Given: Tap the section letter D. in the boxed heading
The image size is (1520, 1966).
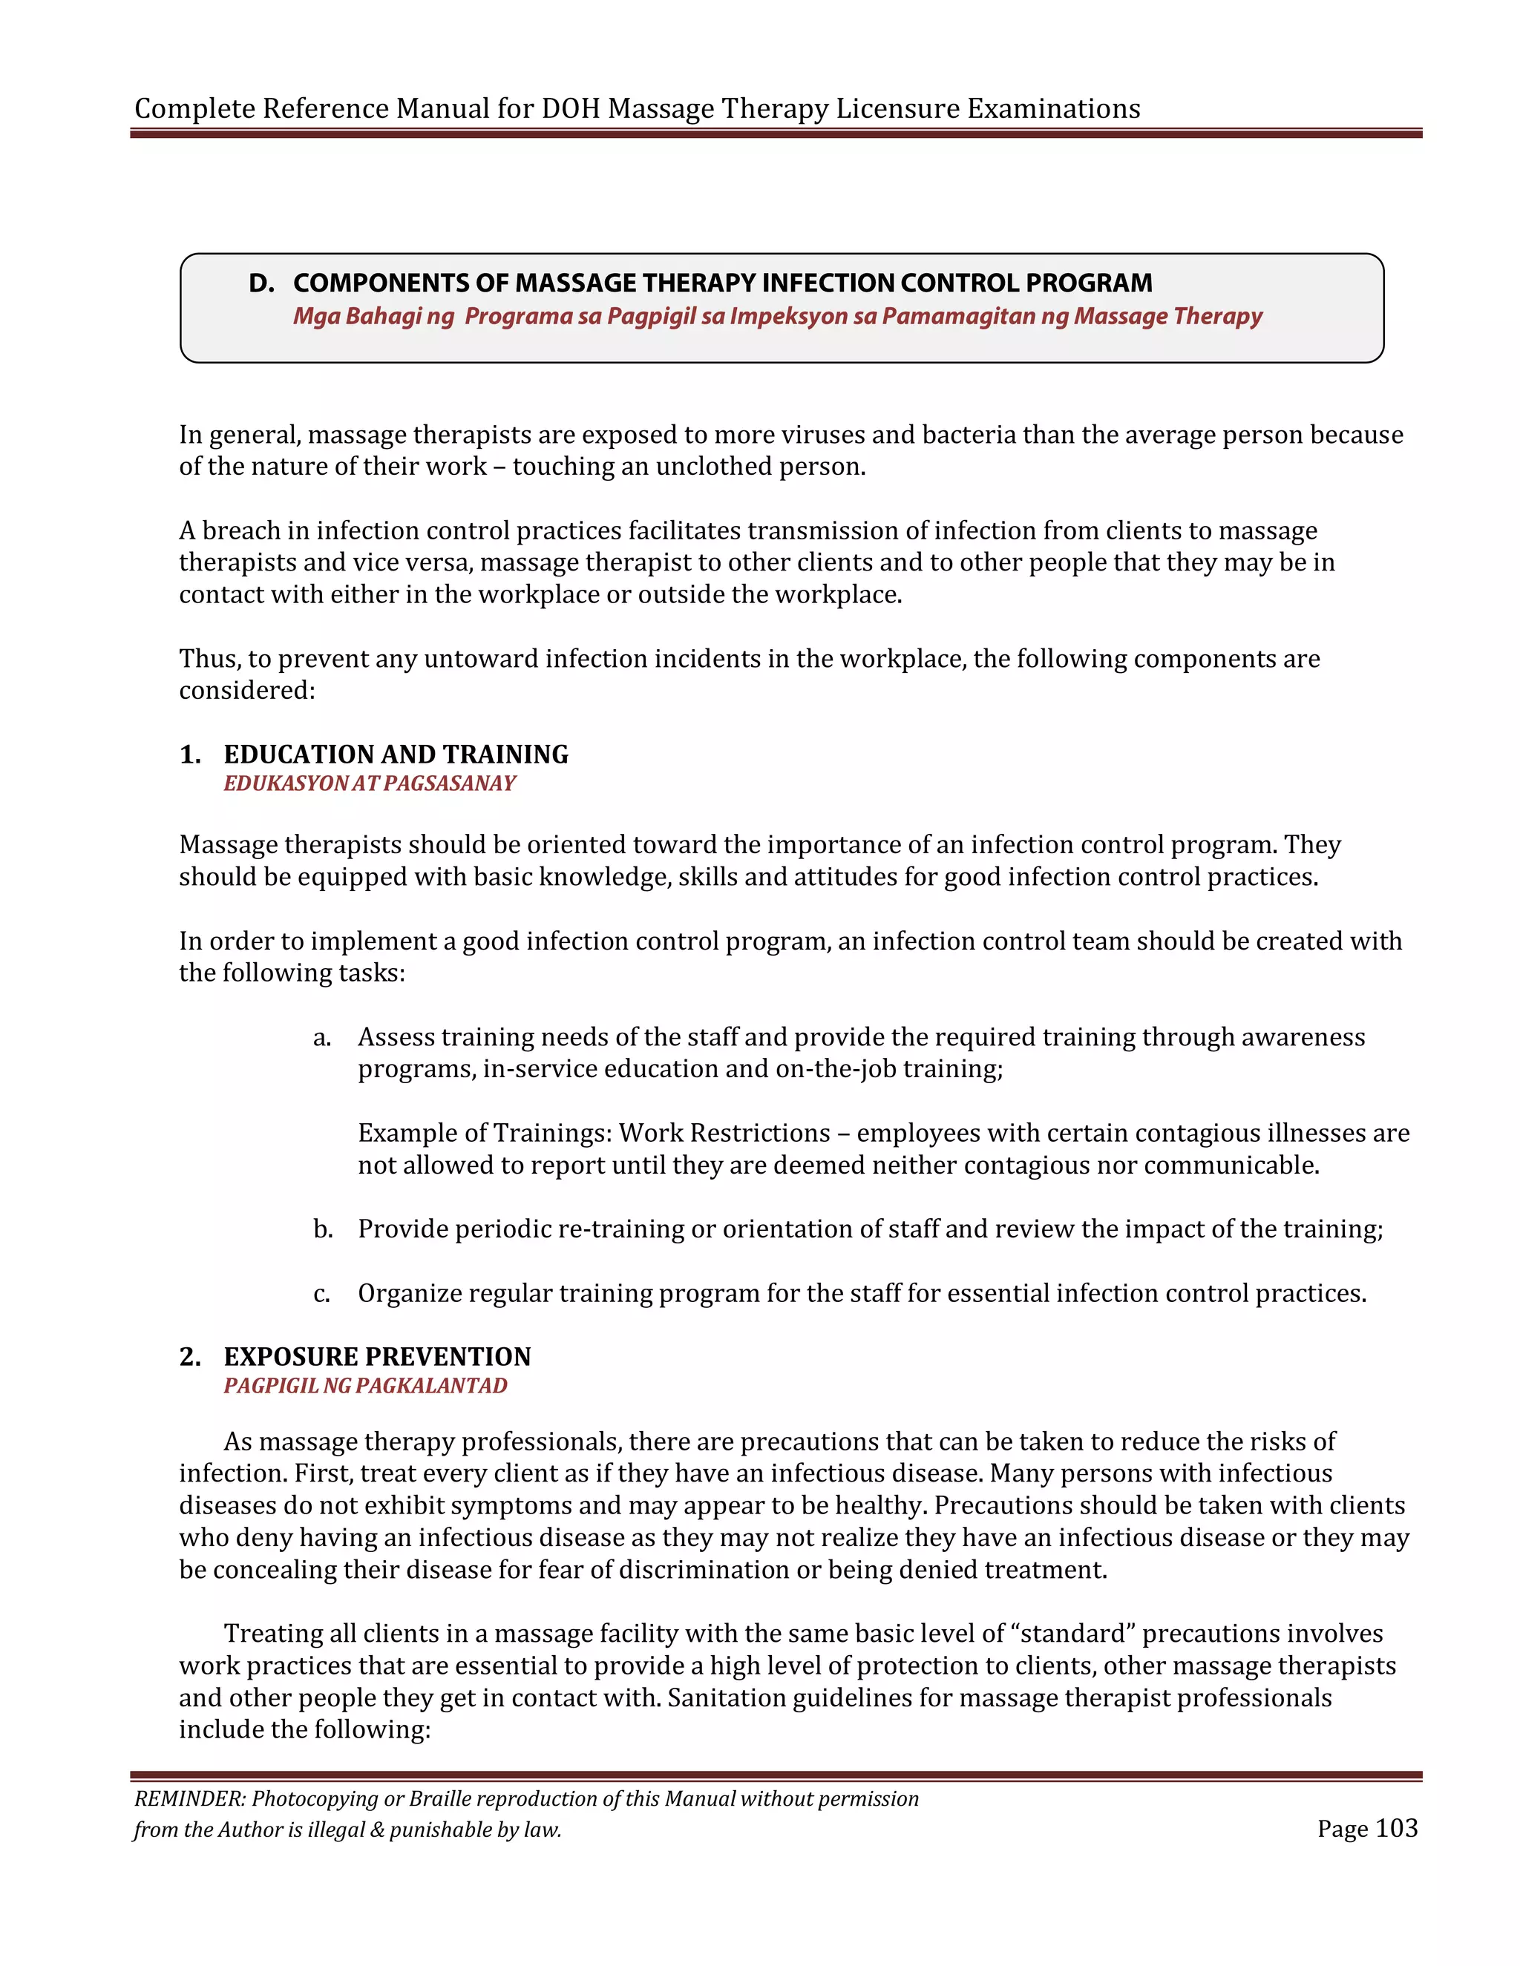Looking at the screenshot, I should pyautogui.click(x=261, y=283).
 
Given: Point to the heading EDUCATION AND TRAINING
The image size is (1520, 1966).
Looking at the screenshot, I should pyautogui.click(x=396, y=754).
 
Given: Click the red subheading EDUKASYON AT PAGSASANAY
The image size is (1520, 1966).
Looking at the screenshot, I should pyautogui.click(x=369, y=784).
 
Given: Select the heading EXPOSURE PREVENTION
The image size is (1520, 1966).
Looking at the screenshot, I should pyautogui.click(x=377, y=1357).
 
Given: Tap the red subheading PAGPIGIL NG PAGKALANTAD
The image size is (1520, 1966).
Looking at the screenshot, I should pyautogui.click(x=366, y=1387).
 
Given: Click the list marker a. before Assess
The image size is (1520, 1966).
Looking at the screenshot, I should pyautogui.click(x=322, y=1038).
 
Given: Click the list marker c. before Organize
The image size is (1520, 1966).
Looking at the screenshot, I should pyautogui.click(x=321, y=1295).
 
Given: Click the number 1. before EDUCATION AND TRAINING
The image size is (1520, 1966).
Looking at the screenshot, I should pyautogui.click(x=190, y=754).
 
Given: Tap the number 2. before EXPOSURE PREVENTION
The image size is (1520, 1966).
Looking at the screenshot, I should pyautogui.click(x=190, y=1357).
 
